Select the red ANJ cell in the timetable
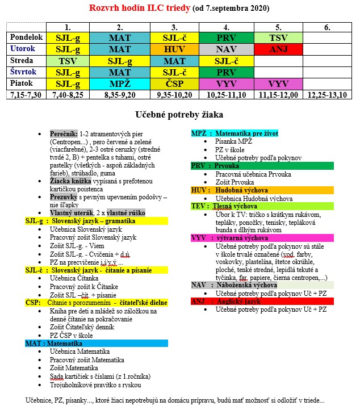(x=279, y=49)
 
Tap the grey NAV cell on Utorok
(x=227, y=49)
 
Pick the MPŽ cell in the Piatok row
(x=120, y=83)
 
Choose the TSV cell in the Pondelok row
(x=279, y=37)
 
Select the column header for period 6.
(x=327, y=27)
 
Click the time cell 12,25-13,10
(x=327, y=94)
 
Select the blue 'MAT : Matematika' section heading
(x=54, y=344)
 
